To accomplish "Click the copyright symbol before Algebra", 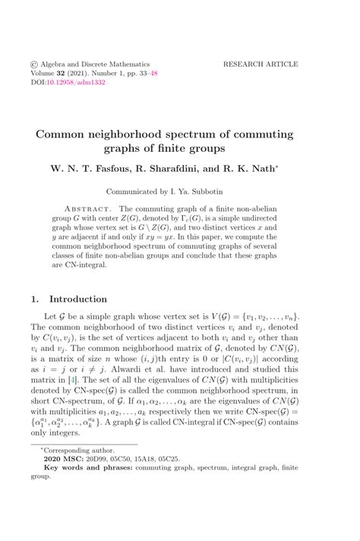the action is [x=34, y=65].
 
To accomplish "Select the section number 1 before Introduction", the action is [x=34, y=299].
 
